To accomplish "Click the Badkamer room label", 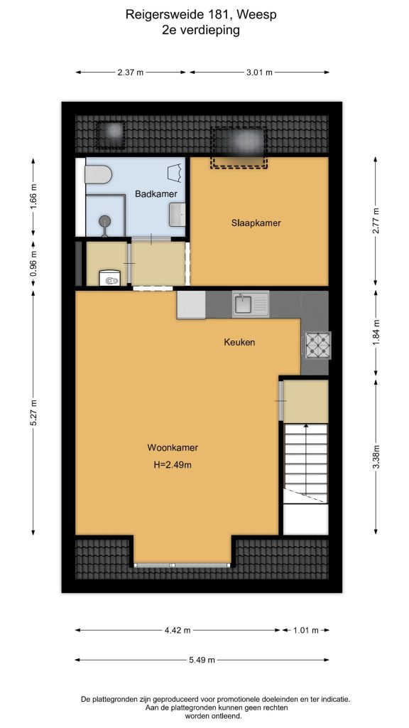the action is click(156, 194).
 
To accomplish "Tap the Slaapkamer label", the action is click(256, 223).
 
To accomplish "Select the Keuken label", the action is click(240, 343).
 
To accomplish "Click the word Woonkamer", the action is click(173, 448).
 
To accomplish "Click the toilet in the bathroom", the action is click(98, 175).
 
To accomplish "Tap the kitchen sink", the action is click(251, 304).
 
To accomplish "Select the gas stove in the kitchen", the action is click(317, 345).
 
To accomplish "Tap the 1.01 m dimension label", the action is click(305, 630).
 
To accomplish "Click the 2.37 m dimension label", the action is click(131, 72).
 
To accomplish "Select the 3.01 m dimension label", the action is click(259, 72).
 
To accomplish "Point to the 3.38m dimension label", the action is click(376, 457).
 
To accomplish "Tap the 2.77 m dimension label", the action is click(376, 222).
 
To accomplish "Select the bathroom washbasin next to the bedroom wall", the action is click(177, 215).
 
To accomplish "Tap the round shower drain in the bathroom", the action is click(106, 220).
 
